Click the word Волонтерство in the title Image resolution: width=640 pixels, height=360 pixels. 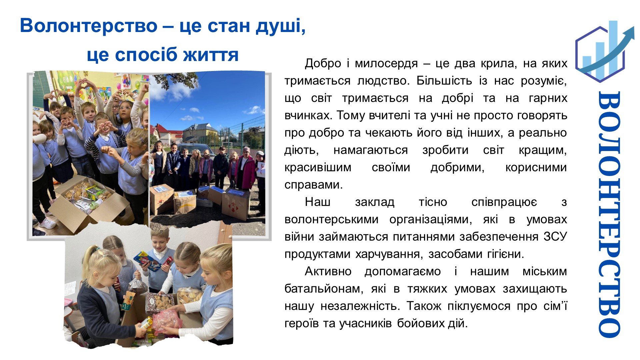point(89,26)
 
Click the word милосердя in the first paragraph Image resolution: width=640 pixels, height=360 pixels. point(386,64)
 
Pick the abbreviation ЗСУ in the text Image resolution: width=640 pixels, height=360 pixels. point(555,237)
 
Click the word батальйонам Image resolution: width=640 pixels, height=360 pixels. point(324,289)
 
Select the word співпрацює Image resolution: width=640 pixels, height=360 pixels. point(504,202)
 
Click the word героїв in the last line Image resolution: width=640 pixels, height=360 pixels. point(302,324)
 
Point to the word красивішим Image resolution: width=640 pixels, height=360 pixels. point(318,168)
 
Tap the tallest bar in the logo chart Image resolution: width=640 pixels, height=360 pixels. point(613,47)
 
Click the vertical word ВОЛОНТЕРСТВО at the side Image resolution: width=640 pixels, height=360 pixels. point(609,214)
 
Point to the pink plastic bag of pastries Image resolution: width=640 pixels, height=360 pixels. point(168,320)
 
